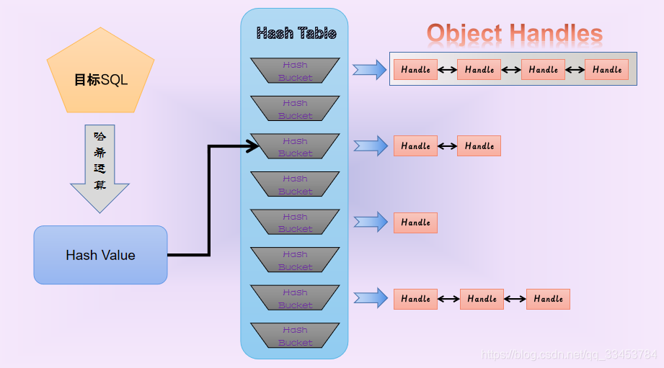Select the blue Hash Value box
point(100,255)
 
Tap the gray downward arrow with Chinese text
point(99,168)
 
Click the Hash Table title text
point(296,33)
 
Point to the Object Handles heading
point(514,33)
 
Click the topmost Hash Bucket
point(295,71)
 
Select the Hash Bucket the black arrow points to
point(295,147)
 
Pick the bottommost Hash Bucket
point(295,336)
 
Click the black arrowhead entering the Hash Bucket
point(252,147)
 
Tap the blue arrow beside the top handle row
point(370,70)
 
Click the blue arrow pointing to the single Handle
point(370,222)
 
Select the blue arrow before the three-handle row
point(370,298)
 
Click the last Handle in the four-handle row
point(606,70)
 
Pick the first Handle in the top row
point(415,70)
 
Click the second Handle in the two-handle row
point(479,146)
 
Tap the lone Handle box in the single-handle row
point(415,223)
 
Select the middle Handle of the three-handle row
point(482,299)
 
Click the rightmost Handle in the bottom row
point(548,299)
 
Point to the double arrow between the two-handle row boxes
point(447,146)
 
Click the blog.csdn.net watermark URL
point(569,355)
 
